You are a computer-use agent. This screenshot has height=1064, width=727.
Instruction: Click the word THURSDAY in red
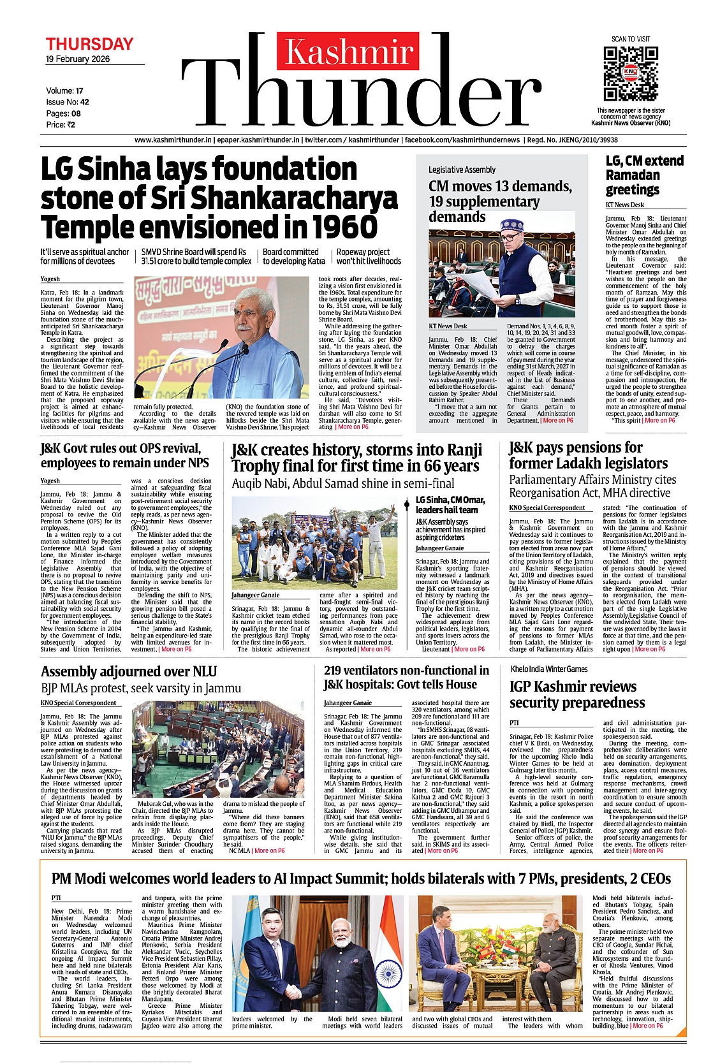(x=89, y=44)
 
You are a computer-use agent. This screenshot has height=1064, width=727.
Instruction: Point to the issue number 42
(x=84, y=102)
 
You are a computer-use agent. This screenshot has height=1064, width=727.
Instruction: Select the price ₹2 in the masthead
(x=70, y=125)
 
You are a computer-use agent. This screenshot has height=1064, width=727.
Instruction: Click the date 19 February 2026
(x=77, y=59)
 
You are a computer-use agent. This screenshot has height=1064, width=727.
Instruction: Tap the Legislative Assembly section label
(x=462, y=170)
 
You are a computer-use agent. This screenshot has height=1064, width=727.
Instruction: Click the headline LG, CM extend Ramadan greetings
(x=644, y=175)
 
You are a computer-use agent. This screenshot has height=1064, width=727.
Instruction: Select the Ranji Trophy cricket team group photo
(x=314, y=543)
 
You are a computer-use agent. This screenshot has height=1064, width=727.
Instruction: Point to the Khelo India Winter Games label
(x=549, y=669)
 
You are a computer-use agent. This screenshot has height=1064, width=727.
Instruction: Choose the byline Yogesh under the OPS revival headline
(x=50, y=481)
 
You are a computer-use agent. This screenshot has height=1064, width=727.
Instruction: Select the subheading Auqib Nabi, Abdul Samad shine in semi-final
(x=343, y=483)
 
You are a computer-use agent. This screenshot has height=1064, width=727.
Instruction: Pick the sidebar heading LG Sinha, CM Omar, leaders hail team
(x=450, y=505)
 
